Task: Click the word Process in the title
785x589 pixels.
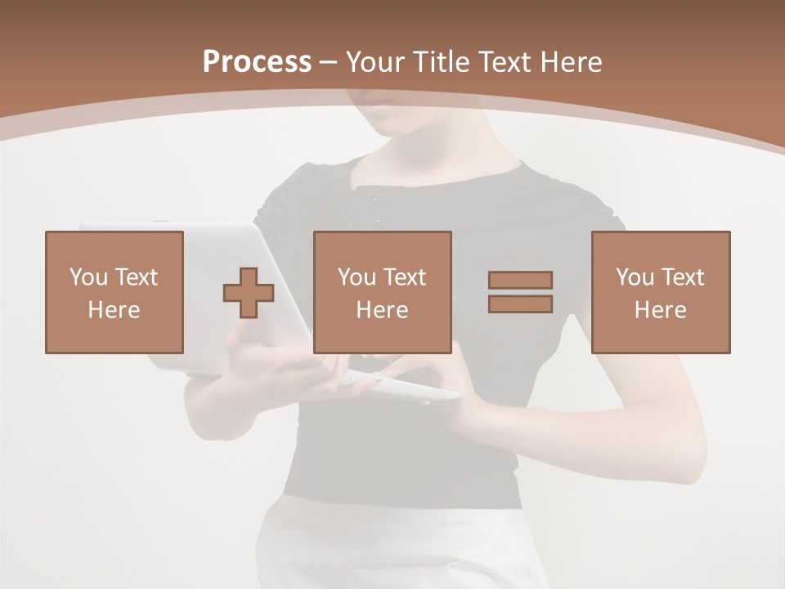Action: (257, 62)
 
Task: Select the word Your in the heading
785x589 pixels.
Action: (378, 62)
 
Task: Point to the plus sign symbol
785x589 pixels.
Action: (249, 292)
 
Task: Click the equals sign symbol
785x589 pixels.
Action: (520, 292)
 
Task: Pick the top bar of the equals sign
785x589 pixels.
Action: (520, 280)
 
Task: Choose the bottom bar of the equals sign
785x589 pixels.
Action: (520, 304)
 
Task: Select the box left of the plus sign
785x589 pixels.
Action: (114, 292)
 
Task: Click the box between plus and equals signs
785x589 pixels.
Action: (383, 292)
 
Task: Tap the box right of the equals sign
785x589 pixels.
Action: (661, 292)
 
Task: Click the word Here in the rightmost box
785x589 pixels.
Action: (661, 310)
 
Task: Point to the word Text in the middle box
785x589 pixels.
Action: (405, 277)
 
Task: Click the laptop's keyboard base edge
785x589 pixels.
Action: (409, 389)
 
